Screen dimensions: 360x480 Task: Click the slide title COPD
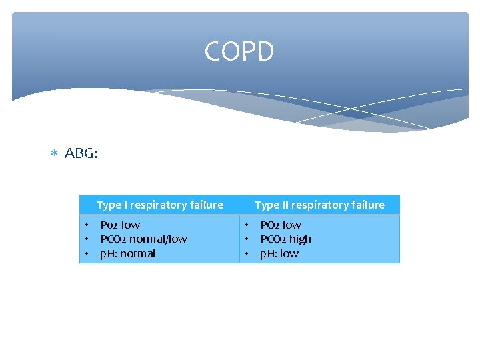(239, 51)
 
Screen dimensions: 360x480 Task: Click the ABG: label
(81, 154)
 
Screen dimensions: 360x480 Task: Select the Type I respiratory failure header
(159, 205)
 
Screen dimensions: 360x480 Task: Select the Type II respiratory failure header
(319, 205)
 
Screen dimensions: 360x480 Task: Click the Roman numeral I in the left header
(126, 205)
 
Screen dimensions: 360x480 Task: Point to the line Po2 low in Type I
(120, 225)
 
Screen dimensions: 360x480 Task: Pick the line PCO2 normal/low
(143, 239)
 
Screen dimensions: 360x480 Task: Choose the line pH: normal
(127, 253)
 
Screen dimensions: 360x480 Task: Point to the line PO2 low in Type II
(280, 225)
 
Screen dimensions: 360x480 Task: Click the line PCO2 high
(285, 239)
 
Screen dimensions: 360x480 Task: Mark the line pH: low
(279, 253)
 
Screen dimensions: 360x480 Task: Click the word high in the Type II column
(299, 239)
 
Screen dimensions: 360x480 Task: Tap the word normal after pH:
(138, 253)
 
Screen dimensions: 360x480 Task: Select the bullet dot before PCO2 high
(246, 239)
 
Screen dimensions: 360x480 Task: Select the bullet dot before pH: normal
(86, 253)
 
